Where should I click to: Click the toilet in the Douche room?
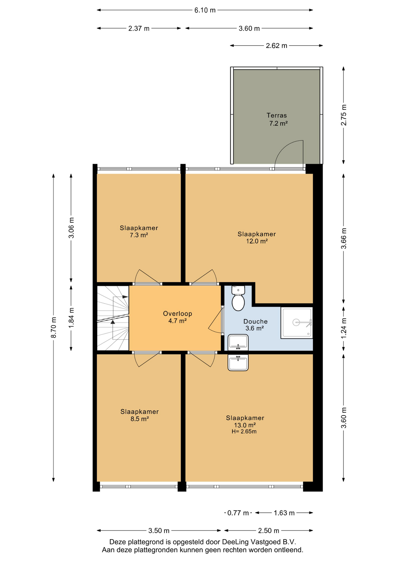coord(238,298)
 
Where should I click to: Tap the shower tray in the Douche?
coord(297,323)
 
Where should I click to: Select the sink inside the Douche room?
coord(238,343)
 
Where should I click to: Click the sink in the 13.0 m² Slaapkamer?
coord(238,363)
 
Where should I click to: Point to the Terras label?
coord(277,115)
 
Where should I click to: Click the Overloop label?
coord(177,314)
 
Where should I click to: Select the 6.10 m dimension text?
coord(205,10)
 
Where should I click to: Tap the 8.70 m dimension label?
coord(53,327)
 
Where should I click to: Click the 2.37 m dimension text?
coord(139,28)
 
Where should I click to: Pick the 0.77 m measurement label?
coord(238,513)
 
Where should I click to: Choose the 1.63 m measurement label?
coord(284,513)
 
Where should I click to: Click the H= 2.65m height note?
coord(244,432)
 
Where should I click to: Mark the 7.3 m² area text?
coord(139,235)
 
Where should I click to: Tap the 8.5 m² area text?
coord(140,419)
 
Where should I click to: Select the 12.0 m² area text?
coord(257,241)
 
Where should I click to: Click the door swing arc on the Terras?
coord(285,147)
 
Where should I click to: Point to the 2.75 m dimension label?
coord(344,115)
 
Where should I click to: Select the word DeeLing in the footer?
coord(236,542)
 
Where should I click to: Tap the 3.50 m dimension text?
coord(159,531)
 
